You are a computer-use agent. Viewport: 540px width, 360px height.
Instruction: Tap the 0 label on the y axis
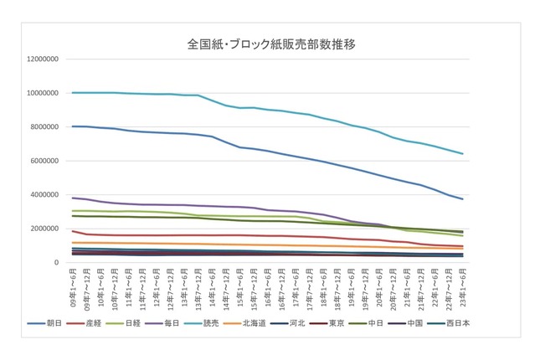pos(57,263)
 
